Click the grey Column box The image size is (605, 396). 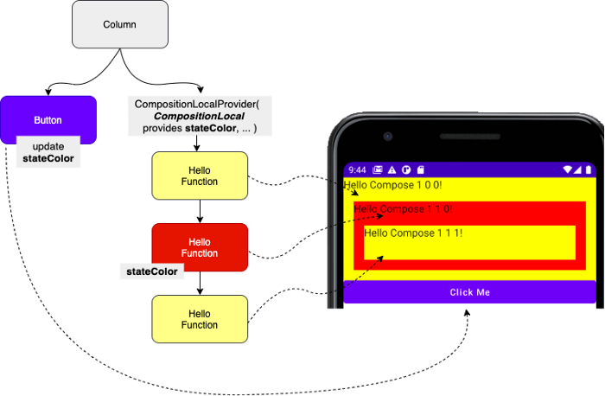point(120,24)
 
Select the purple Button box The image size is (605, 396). point(48,119)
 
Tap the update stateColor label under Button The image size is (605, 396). point(48,152)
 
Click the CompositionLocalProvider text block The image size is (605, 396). point(200,116)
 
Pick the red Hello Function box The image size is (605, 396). point(200,247)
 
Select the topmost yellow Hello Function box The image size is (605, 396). point(200,176)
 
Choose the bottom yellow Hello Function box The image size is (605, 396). point(200,319)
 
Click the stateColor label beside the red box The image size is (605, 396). point(152,271)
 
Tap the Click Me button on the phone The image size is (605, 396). point(469,292)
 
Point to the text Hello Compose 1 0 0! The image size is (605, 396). point(392,185)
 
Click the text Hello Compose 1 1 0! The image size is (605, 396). point(403,208)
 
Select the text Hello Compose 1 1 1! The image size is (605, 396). point(413,233)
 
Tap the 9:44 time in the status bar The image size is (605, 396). point(357,169)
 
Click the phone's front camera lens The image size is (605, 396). point(388,137)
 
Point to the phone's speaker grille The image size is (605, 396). point(470,137)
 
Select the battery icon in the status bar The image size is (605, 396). point(589,169)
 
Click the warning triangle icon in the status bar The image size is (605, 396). point(392,169)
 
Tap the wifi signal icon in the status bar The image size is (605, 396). point(568,169)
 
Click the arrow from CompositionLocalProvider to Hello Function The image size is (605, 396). point(197,144)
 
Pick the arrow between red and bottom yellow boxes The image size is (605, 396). point(200,284)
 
